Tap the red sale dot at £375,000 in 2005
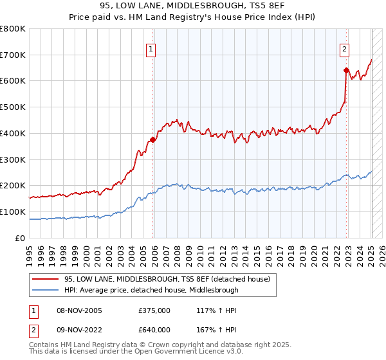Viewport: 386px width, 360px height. point(152,139)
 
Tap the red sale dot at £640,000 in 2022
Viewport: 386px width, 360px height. point(346,70)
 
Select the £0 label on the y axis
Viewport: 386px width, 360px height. point(21,238)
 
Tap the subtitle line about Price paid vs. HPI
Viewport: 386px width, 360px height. point(192,17)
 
